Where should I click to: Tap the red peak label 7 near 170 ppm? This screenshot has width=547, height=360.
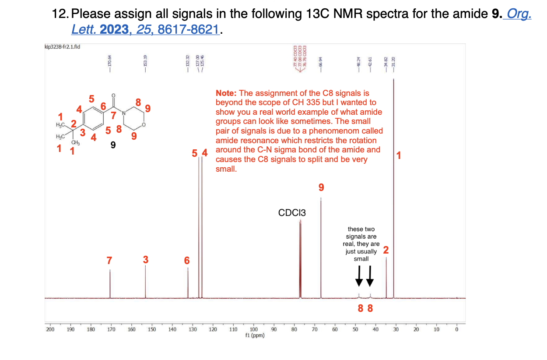click(109, 260)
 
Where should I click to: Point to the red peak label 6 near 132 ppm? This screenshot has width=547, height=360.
click(187, 261)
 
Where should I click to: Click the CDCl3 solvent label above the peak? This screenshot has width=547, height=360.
click(292, 213)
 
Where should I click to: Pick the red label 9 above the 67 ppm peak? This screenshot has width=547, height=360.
click(321, 187)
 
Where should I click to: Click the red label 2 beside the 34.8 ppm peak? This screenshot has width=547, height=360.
click(386, 250)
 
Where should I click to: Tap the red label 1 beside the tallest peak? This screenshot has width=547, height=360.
click(398, 155)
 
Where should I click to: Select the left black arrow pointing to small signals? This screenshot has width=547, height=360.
click(359, 275)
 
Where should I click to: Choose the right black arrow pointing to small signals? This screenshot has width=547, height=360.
click(370, 275)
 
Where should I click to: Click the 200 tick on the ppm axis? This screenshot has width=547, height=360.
click(50, 329)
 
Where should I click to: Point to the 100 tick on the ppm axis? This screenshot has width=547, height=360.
click(253, 329)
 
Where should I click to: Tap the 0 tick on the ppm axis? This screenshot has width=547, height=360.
click(456, 329)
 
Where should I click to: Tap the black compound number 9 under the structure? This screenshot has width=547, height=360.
click(113, 146)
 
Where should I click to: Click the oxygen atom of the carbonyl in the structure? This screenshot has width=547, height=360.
click(114, 95)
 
